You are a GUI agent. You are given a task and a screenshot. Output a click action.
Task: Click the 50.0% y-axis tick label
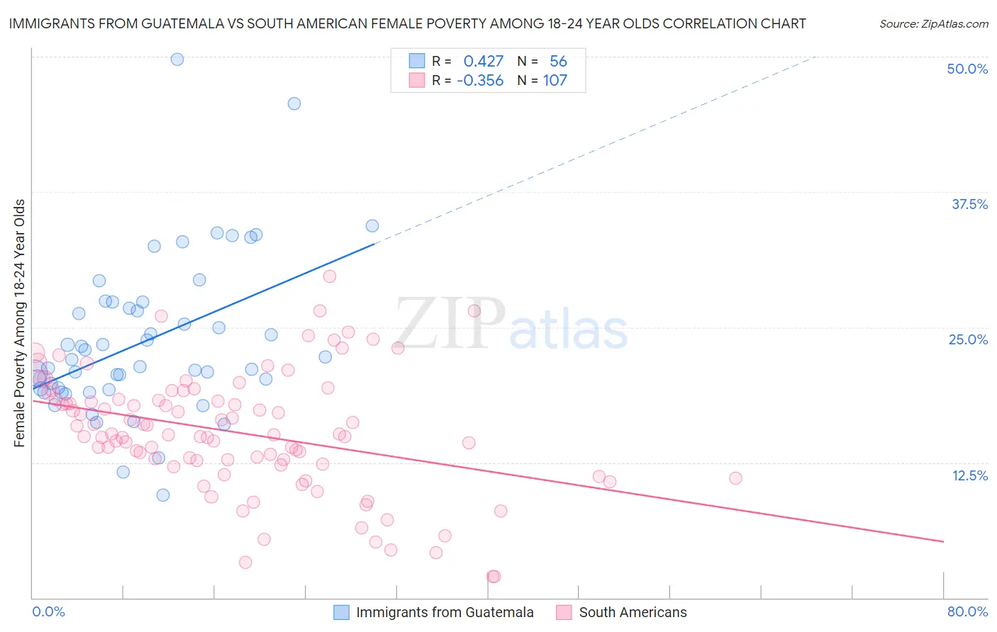[x=967, y=69]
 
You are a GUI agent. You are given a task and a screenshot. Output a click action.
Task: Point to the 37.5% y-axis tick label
[x=969, y=204]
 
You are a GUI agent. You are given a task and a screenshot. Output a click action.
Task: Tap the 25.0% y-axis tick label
[x=968, y=339]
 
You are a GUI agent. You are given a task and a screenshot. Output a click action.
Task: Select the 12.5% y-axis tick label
[x=969, y=475]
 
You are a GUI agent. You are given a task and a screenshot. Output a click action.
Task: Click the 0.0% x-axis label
[x=48, y=611]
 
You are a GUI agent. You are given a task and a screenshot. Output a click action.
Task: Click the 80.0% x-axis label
[x=967, y=611]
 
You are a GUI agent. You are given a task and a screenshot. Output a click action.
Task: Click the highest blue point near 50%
[x=177, y=60]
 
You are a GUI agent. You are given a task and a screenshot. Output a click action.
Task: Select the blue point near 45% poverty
[x=294, y=103]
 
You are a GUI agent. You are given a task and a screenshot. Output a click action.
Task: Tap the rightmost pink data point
[x=735, y=478]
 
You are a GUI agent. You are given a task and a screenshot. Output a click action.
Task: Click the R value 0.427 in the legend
[x=483, y=61]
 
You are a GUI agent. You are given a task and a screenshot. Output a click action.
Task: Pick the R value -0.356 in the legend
[x=480, y=81]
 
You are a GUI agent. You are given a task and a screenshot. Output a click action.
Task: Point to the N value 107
[x=555, y=81]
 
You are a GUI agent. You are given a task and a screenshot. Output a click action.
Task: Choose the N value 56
[x=558, y=61]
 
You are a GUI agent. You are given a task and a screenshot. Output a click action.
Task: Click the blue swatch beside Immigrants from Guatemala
[x=341, y=612]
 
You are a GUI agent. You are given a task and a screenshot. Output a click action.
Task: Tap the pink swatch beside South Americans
[x=564, y=612]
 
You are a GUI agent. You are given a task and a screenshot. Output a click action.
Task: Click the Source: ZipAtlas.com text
[x=933, y=24]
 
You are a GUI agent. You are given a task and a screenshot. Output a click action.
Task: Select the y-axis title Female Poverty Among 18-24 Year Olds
[x=20, y=323]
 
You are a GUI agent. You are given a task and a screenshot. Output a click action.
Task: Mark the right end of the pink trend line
[x=943, y=541]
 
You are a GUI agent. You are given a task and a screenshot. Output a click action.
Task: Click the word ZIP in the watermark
[x=450, y=325]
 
